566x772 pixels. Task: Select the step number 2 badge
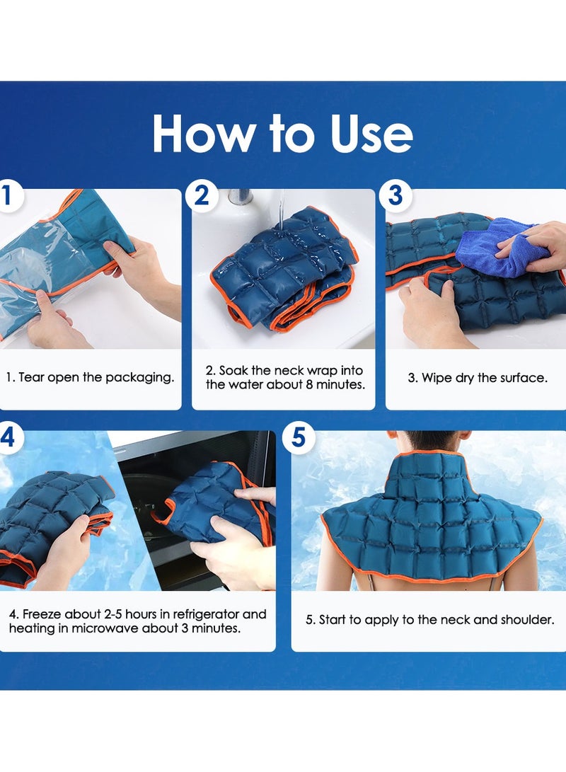[x=202, y=196]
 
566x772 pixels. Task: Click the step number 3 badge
[x=395, y=196]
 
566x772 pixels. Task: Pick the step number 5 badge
[x=299, y=437]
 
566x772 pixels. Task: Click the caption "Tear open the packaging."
[x=90, y=377]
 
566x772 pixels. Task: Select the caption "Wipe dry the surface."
[x=478, y=378]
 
